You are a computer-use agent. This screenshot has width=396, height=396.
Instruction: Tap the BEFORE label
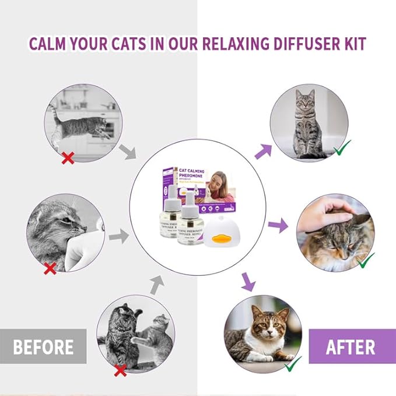click(x=43, y=347)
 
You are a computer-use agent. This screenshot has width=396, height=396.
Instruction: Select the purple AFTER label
click(x=350, y=347)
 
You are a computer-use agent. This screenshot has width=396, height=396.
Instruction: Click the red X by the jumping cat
click(x=68, y=158)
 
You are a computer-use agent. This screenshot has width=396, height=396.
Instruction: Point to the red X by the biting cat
click(x=51, y=268)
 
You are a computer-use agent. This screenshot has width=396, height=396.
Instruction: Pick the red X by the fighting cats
click(x=121, y=370)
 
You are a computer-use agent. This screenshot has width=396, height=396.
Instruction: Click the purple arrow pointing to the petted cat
click(x=278, y=225)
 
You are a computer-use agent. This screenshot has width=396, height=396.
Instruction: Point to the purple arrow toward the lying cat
click(x=249, y=283)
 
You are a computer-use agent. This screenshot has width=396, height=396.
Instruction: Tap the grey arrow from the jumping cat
click(x=127, y=151)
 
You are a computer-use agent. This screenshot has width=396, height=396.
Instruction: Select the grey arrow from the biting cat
click(x=119, y=236)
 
